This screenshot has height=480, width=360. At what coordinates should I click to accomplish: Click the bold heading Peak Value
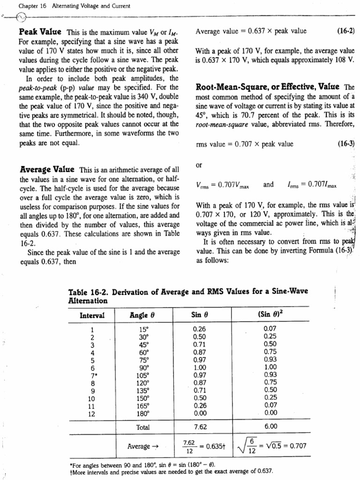(x=40, y=32)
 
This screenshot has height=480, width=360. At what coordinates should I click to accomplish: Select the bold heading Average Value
(x=46, y=169)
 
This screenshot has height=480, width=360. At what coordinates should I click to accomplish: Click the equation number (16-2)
(x=346, y=31)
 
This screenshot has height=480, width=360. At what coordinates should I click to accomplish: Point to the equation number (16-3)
(x=346, y=144)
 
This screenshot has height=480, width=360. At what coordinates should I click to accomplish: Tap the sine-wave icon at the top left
(x=21, y=18)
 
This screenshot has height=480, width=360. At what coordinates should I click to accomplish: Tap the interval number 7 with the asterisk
(x=93, y=375)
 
